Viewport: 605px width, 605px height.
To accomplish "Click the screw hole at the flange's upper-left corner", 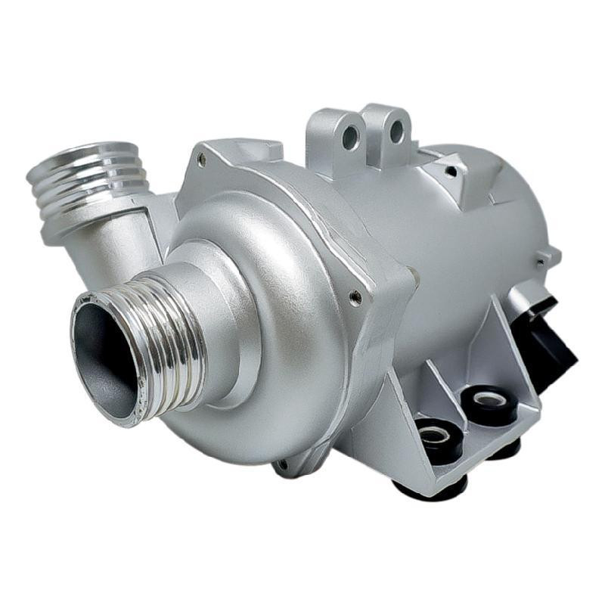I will coord(201,159).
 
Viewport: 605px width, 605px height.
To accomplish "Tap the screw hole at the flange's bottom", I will coord(282,463).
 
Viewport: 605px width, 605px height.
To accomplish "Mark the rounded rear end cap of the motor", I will coord(522,197).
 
